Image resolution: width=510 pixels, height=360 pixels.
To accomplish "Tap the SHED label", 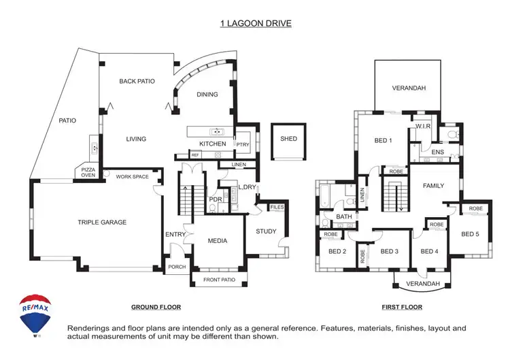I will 288,139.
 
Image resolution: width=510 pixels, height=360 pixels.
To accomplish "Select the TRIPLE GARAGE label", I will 101,222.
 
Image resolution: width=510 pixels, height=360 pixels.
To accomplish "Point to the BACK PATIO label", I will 137,81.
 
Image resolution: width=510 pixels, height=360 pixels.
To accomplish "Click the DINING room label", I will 207,95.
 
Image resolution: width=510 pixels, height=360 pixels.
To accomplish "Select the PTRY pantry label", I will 241,144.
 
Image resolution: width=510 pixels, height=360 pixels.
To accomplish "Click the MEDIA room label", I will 218,241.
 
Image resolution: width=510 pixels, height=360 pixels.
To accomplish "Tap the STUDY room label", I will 266,231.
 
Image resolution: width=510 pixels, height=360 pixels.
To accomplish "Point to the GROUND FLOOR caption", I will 156,307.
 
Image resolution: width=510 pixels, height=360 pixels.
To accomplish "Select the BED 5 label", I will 471,234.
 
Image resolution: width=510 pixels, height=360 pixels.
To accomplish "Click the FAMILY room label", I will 433,185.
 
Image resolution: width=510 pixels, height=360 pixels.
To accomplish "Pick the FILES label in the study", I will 277,207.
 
